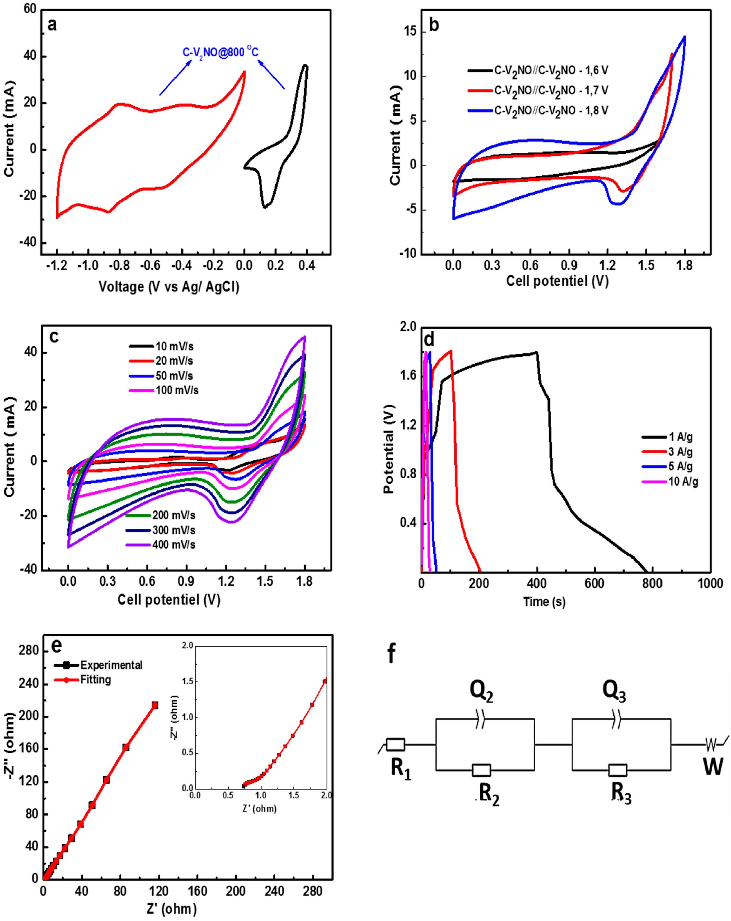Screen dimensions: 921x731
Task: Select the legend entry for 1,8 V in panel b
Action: (538, 110)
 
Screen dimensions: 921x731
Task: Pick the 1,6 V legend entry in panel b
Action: (538, 71)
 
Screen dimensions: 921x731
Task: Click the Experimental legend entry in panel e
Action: (98, 665)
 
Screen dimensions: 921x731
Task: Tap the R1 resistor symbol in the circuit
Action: (395, 745)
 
